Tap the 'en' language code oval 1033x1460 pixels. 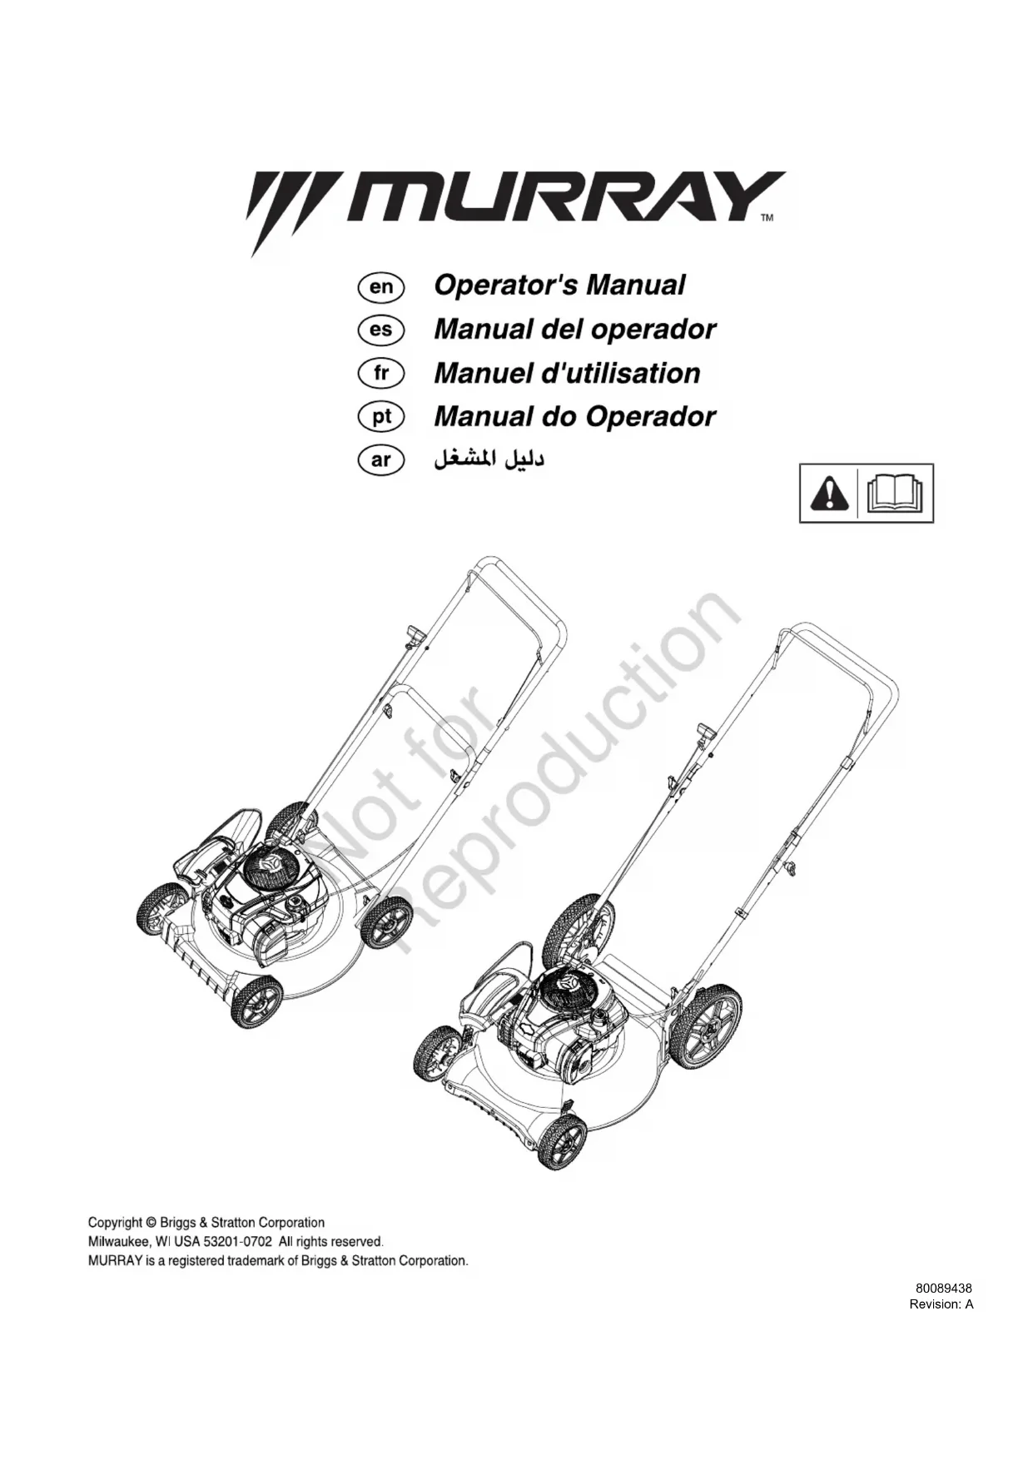pyautogui.click(x=380, y=287)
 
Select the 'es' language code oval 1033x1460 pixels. pyautogui.click(x=380, y=330)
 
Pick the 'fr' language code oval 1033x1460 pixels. pyautogui.click(x=380, y=374)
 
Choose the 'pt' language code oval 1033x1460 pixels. pyautogui.click(x=380, y=417)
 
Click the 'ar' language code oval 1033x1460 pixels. pyautogui.click(x=380, y=460)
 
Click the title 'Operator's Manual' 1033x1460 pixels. pyautogui.click(x=559, y=286)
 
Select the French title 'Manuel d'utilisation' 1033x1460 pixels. pyautogui.click(x=567, y=373)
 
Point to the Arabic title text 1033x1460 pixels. pyautogui.click(x=489, y=459)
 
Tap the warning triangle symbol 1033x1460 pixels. pyautogui.click(x=829, y=494)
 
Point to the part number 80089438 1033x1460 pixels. pyautogui.click(x=944, y=1288)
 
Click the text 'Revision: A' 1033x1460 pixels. pyautogui.click(x=941, y=1304)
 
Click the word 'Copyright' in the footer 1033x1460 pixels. pyautogui.click(x=115, y=1223)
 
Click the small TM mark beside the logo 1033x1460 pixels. pyautogui.click(x=767, y=218)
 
